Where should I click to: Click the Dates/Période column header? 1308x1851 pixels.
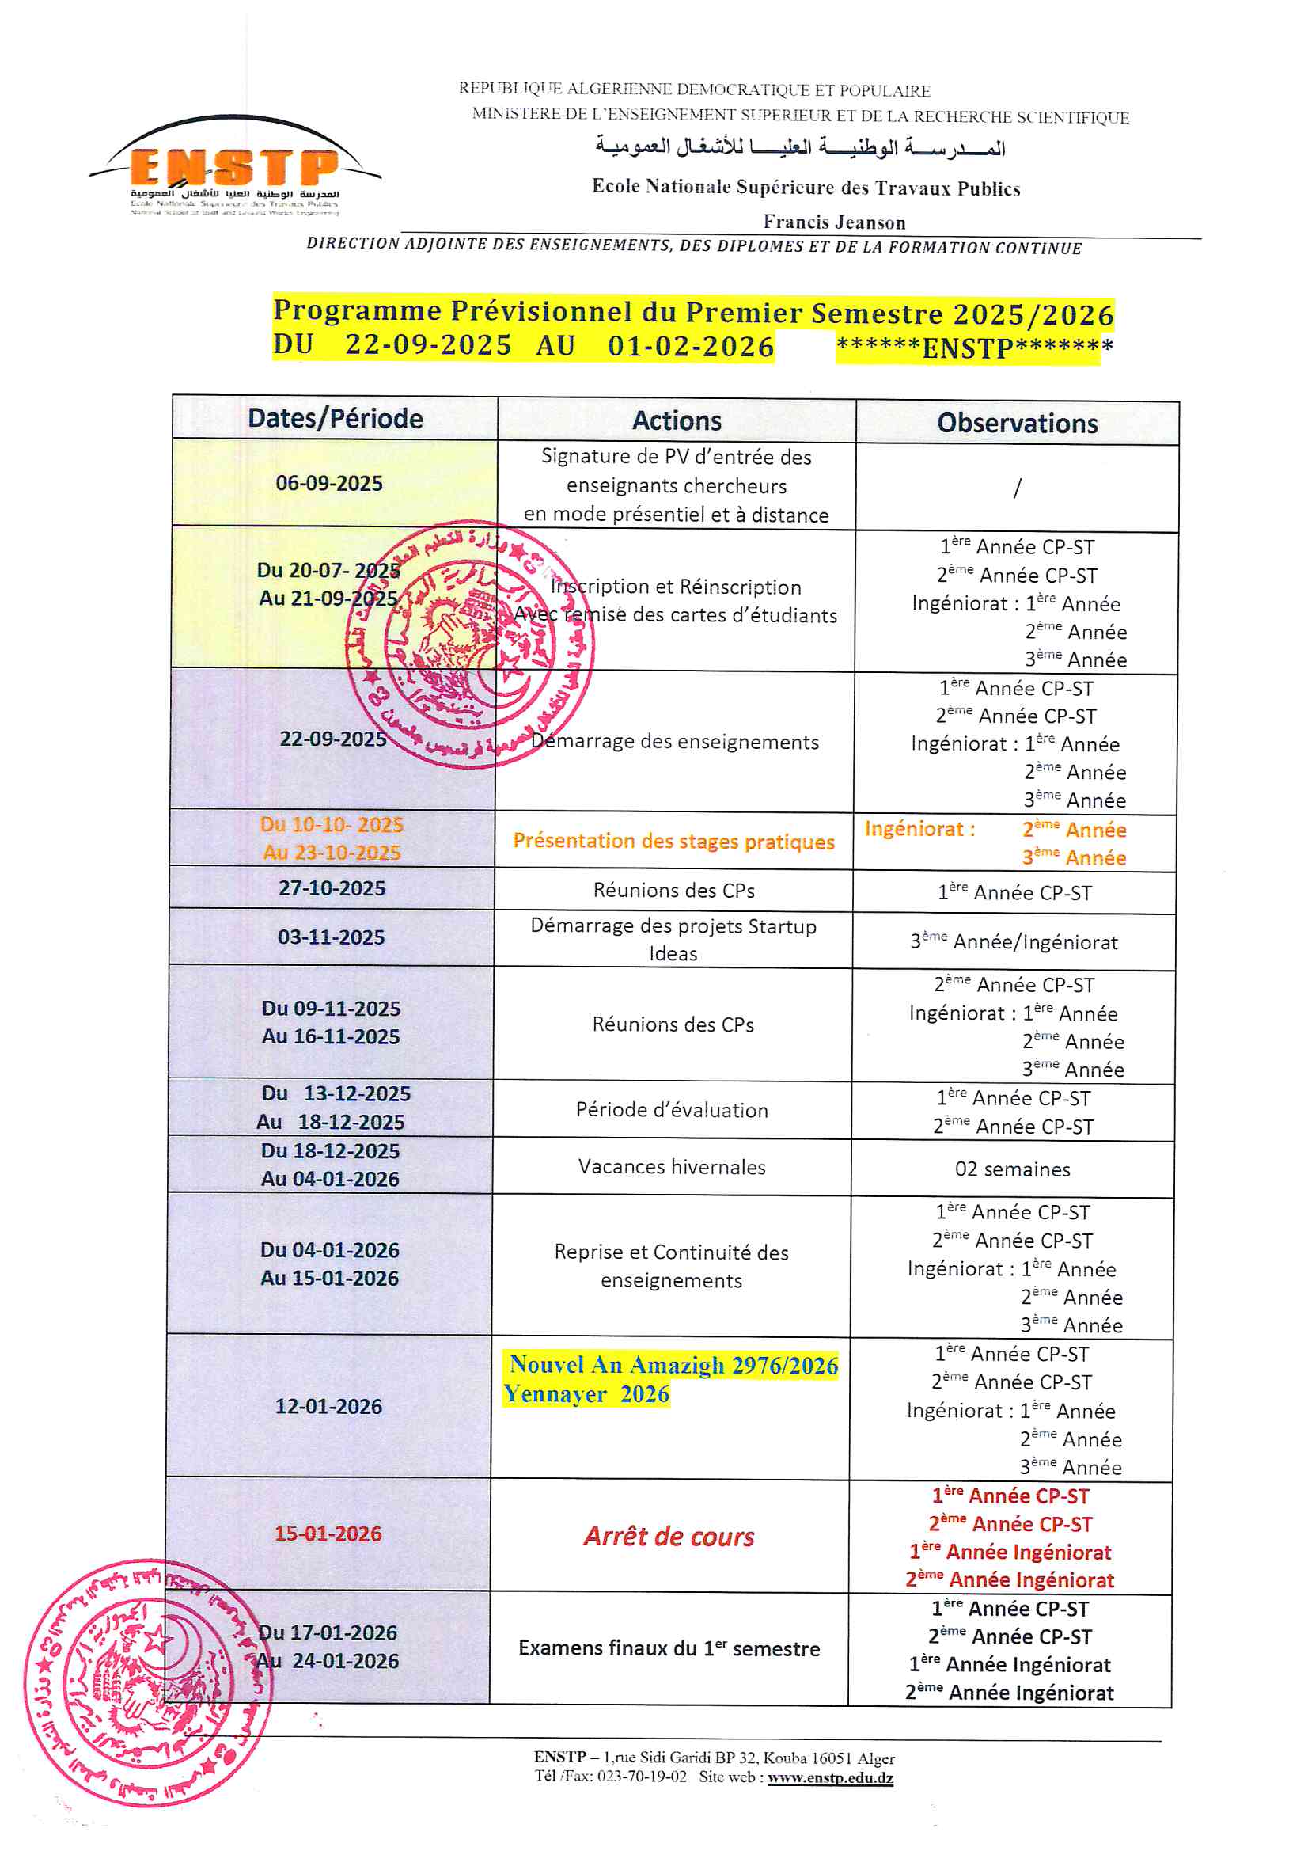(336, 418)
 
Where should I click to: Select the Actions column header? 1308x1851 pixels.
(677, 421)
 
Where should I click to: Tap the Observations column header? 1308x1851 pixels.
(1017, 424)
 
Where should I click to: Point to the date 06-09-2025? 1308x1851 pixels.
(329, 484)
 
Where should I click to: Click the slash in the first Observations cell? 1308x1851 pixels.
(1017, 488)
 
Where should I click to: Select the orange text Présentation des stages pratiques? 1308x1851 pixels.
(673, 841)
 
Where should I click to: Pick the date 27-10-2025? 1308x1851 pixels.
(332, 888)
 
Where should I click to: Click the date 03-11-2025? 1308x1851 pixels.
(332, 937)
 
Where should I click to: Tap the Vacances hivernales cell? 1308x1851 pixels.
(671, 1166)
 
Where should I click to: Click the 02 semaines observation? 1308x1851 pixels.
(1012, 1169)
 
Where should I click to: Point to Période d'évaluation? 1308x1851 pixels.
(672, 1110)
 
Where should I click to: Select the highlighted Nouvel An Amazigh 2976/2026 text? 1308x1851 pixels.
(673, 1365)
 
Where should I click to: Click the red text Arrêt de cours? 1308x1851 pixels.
(669, 1537)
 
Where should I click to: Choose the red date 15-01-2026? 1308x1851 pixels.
(328, 1534)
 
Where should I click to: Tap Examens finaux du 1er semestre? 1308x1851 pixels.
(669, 1648)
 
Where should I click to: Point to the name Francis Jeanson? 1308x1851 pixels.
(834, 222)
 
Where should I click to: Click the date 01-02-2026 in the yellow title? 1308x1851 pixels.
(691, 346)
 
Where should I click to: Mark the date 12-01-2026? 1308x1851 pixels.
(329, 1406)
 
